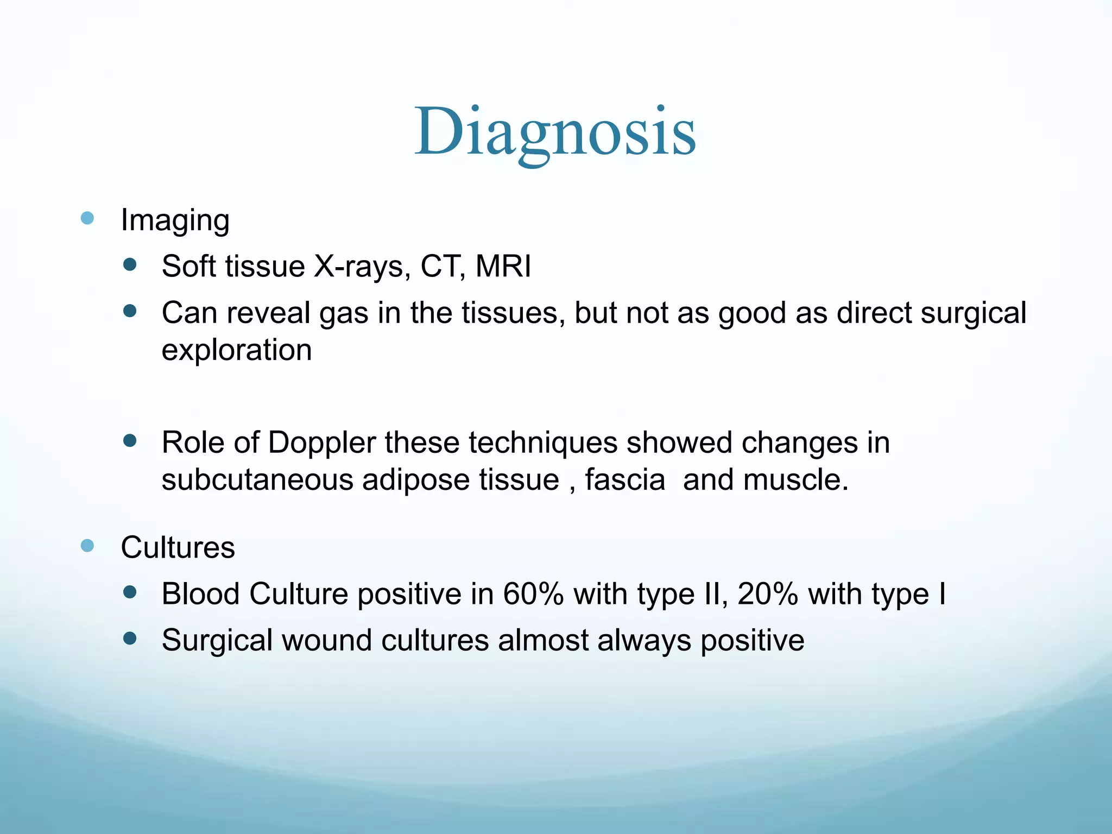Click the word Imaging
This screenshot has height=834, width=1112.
[175, 220]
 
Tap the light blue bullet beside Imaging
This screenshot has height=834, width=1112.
[87, 218]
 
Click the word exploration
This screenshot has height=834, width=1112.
[237, 350]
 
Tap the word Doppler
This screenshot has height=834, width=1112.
[321, 442]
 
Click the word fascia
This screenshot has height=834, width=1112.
[624, 480]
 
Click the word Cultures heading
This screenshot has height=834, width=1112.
[178, 547]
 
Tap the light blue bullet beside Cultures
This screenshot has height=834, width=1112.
[87, 545]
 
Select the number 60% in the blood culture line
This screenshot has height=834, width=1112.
[533, 593]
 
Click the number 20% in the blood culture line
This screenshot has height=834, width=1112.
[767, 593]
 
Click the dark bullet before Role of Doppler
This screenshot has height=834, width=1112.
[130, 440]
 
